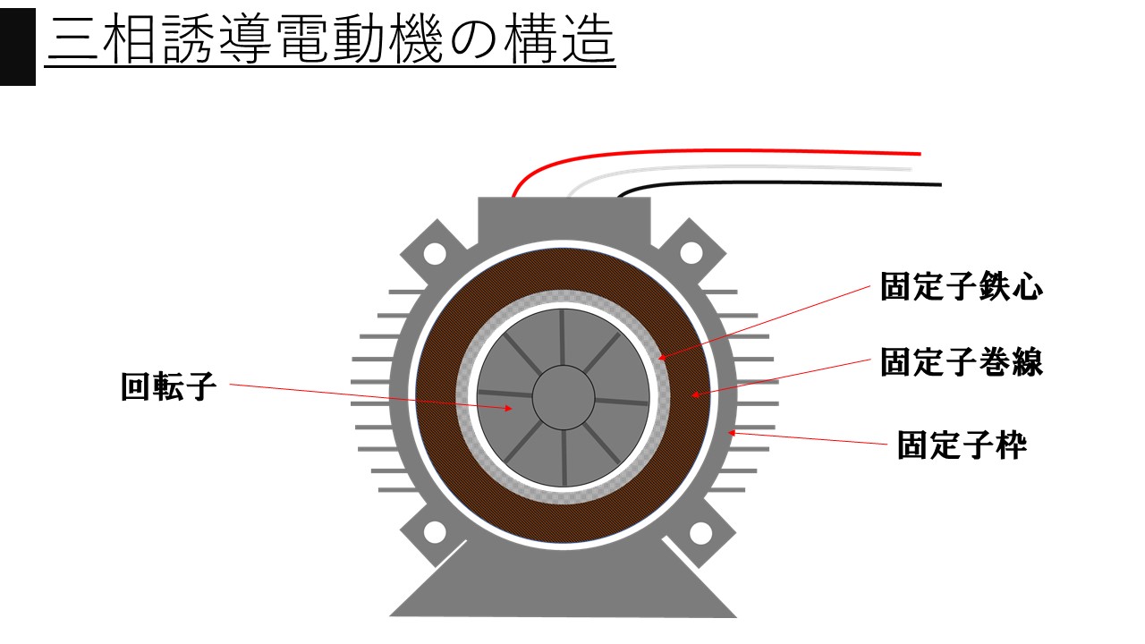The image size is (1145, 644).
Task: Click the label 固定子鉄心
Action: tap(961, 286)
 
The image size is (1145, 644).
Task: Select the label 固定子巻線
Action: tap(961, 362)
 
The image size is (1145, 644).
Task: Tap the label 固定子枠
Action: tap(962, 445)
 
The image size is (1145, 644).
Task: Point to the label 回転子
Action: tap(169, 386)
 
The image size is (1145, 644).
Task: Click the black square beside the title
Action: tap(18, 47)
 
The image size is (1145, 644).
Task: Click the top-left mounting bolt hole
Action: tap(435, 253)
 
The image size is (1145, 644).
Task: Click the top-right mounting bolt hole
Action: tap(691, 253)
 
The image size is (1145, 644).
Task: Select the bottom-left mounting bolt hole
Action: tap(435, 532)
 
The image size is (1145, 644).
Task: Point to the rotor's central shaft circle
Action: tap(564, 397)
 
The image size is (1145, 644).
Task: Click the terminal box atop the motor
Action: tap(564, 220)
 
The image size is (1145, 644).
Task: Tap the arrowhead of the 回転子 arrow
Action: tap(508, 408)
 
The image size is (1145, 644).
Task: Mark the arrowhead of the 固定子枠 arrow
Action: tap(732, 433)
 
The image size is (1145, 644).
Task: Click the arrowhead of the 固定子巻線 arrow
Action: tap(695, 394)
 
